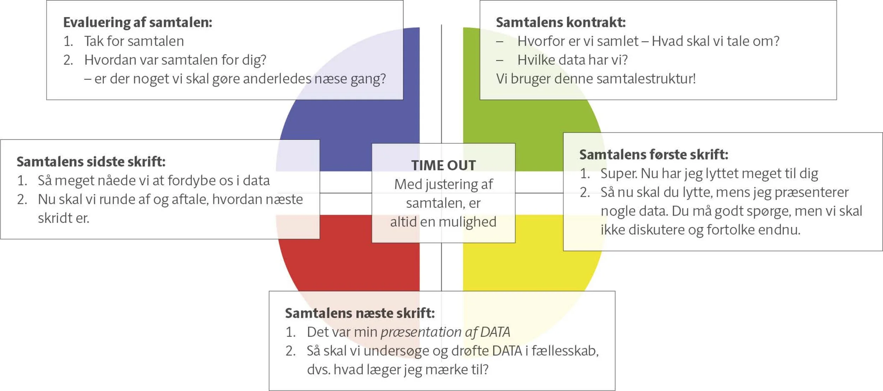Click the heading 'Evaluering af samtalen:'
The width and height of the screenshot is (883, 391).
click(138, 22)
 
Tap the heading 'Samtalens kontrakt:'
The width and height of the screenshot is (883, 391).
click(561, 22)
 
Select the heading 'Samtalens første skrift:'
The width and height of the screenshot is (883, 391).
click(654, 155)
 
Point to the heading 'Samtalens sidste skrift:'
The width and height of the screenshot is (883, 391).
click(91, 162)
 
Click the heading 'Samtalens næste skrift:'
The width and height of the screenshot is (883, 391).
click(360, 313)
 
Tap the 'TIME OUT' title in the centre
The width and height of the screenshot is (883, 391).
click(444, 165)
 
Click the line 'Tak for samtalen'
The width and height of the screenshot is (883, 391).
click(134, 41)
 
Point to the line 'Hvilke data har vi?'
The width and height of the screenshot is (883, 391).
click(573, 60)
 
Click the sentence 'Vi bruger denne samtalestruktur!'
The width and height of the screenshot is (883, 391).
click(596, 79)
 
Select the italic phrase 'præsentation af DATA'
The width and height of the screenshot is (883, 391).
click(445, 332)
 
